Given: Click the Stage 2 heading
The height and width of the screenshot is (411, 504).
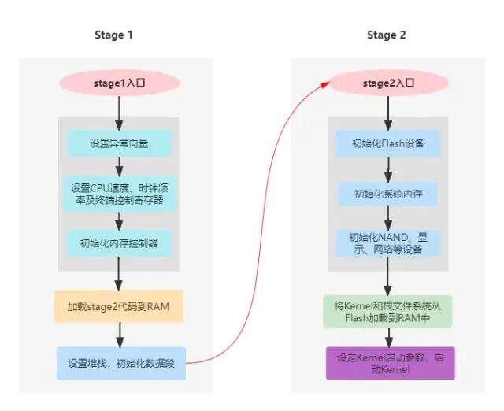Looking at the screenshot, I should pyautogui.click(x=387, y=35).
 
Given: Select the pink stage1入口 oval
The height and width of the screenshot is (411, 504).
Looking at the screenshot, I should pyautogui.click(x=118, y=81).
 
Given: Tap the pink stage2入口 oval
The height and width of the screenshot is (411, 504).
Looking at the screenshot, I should pyautogui.click(x=387, y=81).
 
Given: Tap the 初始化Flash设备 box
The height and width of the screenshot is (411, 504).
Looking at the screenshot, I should pyautogui.click(x=387, y=144).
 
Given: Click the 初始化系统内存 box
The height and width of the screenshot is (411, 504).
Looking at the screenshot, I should pyautogui.click(x=387, y=194).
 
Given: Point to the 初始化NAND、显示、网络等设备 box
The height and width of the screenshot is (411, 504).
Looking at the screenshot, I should pyautogui.click(x=387, y=243).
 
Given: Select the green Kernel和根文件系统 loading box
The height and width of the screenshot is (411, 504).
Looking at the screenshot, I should pyautogui.click(x=387, y=312).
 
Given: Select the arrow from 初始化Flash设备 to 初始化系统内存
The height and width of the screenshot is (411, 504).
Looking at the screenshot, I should pyautogui.click(x=387, y=168).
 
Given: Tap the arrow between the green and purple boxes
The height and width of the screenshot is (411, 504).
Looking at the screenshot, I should pyautogui.click(x=387, y=337).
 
